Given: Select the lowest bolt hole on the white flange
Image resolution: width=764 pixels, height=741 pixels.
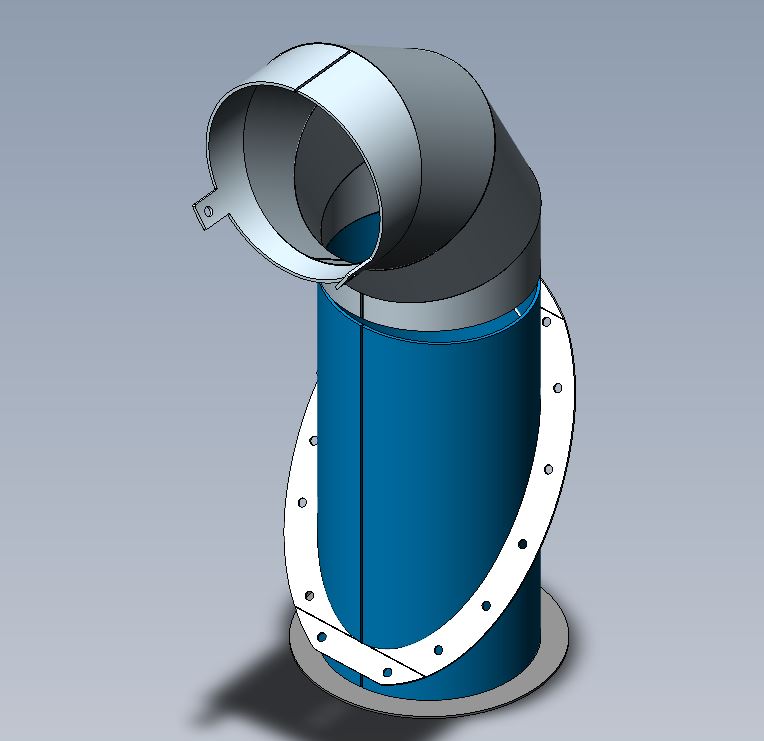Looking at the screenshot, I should [389, 672].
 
